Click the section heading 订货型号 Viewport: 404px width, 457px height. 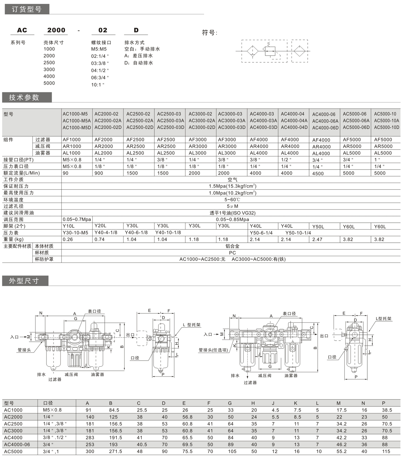pyautogui.click(x=27, y=9)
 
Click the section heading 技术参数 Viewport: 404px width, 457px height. pyautogui.click(x=24, y=98)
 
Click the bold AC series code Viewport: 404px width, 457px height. pyautogui.click(x=22, y=30)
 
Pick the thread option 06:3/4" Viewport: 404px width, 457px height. pyautogui.click(x=100, y=78)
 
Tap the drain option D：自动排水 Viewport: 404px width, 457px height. pyautogui.click(x=139, y=63)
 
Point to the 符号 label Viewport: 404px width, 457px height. pyautogui.click(x=209, y=33)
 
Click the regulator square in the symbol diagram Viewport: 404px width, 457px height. pyautogui.click(x=270, y=51)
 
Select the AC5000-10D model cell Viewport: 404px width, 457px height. pyautogui.click(x=386, y=127)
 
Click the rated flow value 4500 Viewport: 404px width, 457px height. pyautogui.click(x=318, y=174)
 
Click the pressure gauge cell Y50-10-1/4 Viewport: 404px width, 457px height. pyautogui.click(x=298, y=233)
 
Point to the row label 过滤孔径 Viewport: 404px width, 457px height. pyautogui.click(x=13, y=206)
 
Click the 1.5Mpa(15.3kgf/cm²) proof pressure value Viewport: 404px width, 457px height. pyautogui.click(x=232, y=186)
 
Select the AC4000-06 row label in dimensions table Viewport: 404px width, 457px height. pyautogui.click(x=17, y=445)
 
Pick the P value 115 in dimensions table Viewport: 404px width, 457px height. pyautogui.click(x=386, y=451)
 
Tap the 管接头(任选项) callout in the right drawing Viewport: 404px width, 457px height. pyautogui.click(x=213, y=350)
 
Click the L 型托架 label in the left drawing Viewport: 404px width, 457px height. pyautogui.click(x=192, y=325)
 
